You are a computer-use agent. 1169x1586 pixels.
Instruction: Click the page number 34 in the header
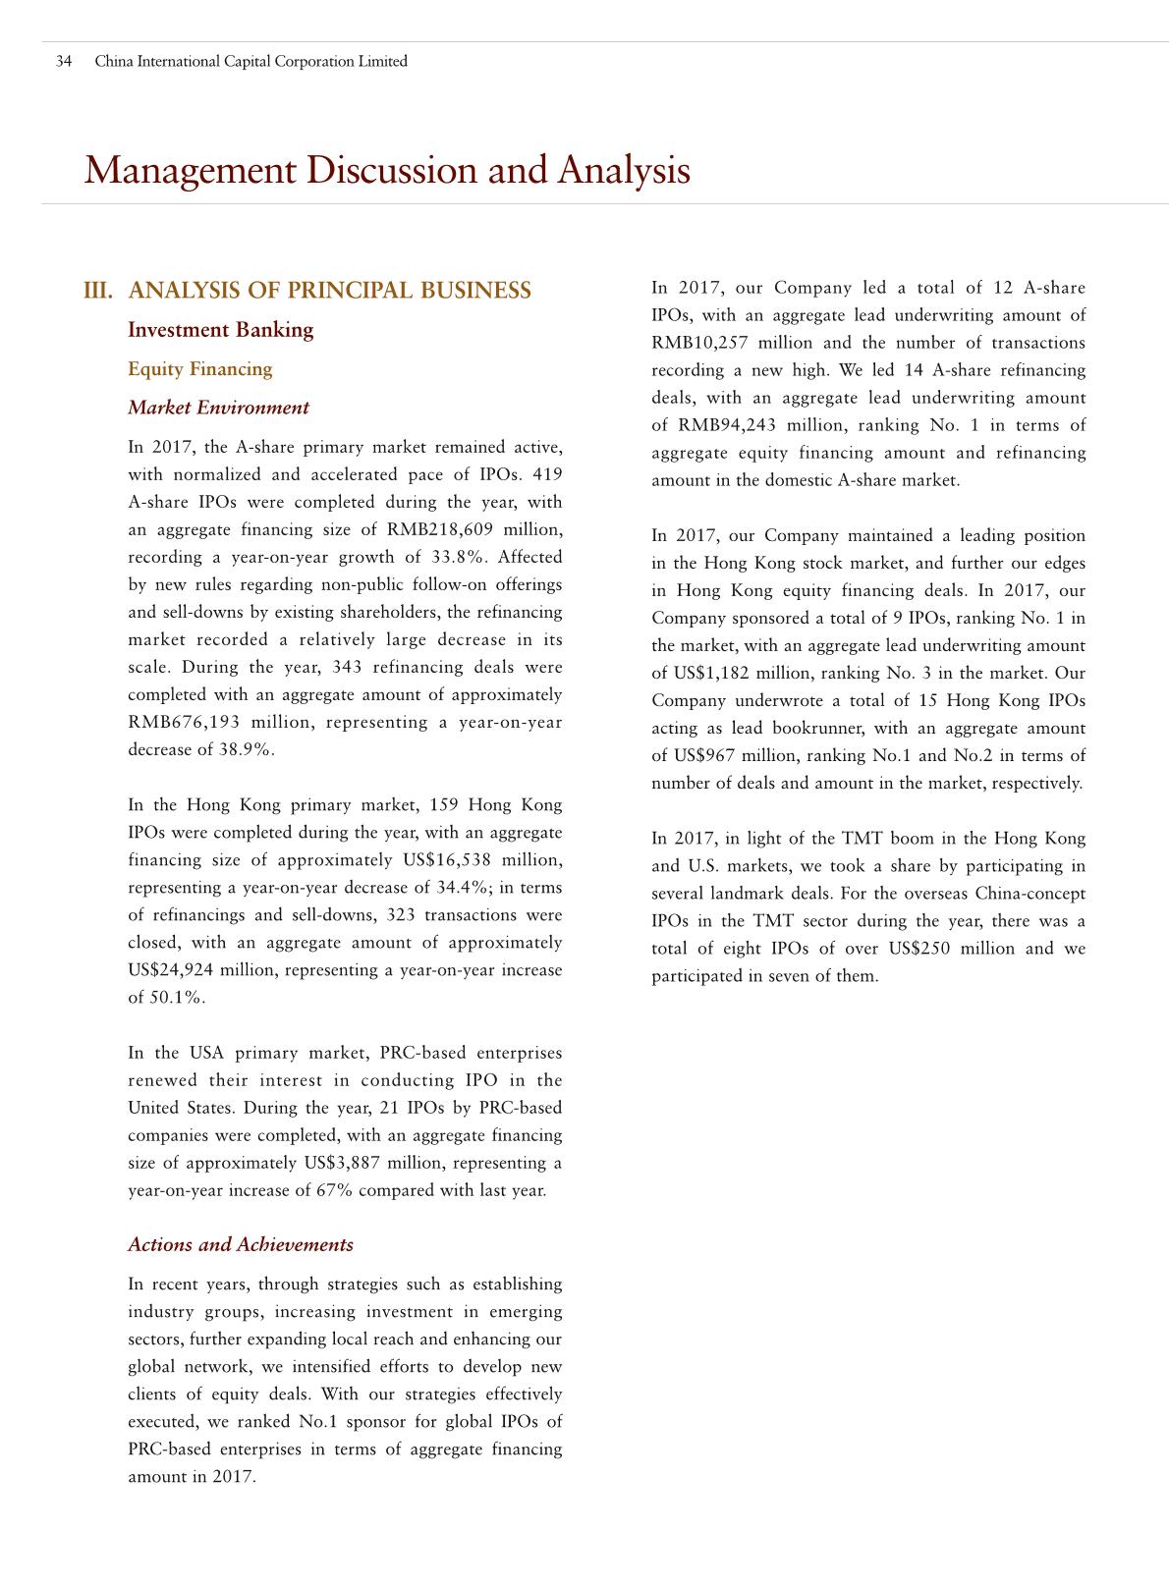point(64,61)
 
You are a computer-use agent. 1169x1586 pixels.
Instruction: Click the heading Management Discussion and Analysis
point(387,170)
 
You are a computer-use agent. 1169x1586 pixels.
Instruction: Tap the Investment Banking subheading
point(220,330)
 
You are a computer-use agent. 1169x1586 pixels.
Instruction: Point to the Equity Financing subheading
point(199,369)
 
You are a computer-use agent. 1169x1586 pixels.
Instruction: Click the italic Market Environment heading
point(218,408)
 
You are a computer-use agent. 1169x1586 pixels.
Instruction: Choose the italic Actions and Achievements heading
point(241,1245)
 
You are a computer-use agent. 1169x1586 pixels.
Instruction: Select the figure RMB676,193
point(184,723)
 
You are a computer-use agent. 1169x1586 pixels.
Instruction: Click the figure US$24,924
point(171,970)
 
